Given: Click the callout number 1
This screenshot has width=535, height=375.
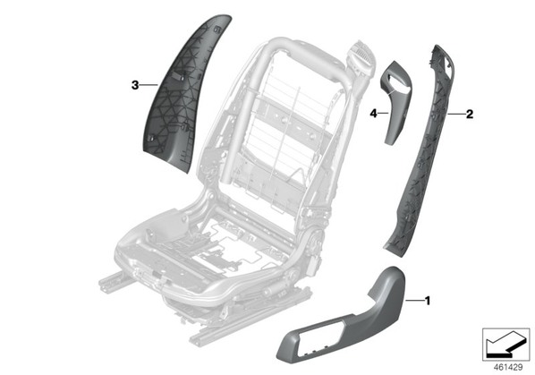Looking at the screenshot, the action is (x=428, y=301).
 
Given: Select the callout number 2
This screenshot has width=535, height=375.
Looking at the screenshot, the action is (x=470, y=114).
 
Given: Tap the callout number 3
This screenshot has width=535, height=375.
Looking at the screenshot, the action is (x=135, y=85).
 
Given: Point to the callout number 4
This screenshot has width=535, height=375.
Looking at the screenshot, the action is (x=374, y=114).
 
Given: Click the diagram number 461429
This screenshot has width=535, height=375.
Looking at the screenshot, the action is (x=508, y=368).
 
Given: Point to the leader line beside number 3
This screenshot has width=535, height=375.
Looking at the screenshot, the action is (x=149, y=85).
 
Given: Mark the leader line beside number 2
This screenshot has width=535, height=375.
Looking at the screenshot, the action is (x=456, y=114).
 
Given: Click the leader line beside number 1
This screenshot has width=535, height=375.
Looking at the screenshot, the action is (x=414, y=301).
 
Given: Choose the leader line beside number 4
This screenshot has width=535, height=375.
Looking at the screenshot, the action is (x=384, y=113).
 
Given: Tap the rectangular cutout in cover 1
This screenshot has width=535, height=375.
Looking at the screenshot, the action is (x=319, y=337).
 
